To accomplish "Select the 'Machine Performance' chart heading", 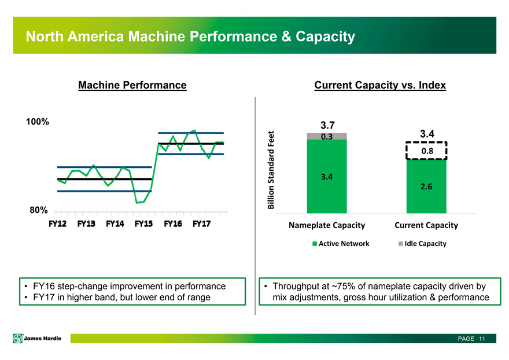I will click(132, 86).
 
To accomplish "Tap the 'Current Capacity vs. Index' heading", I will click(380, 86).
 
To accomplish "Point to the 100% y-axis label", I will click(37, 122).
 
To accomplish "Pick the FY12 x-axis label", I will click(57, 224).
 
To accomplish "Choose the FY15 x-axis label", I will click(144, 224).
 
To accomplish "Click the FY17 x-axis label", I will click(201, 224).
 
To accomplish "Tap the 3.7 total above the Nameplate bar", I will click(327, 125).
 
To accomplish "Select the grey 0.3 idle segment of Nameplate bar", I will click(327, 137).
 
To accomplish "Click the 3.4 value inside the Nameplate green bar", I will click(327, 177).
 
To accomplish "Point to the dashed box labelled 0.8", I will click(427, 150).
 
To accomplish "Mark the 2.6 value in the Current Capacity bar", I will click(427, 187).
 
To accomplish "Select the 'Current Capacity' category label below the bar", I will click(426, 225).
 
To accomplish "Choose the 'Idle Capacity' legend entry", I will click(422, 244).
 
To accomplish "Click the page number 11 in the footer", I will click(481, 339).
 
